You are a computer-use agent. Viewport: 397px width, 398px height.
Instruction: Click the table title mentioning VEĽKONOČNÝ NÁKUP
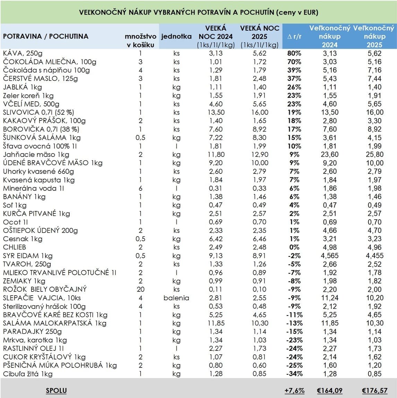(x=199, y=12)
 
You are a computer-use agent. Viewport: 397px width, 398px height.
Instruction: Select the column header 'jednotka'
(x=176, y=36)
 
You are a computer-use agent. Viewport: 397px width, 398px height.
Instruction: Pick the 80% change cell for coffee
(x=294, y=53)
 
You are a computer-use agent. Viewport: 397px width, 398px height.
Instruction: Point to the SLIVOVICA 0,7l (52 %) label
(x=38, y=112)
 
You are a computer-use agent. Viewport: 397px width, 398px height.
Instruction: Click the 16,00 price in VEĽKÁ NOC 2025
(x=260, y=112)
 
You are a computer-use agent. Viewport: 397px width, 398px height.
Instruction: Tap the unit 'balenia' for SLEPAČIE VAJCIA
(x=176, y=298)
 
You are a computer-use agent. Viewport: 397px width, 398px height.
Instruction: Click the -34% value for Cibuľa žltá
(x=294, y=374)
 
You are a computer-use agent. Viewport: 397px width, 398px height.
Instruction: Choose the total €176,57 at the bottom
(x=375, y=391)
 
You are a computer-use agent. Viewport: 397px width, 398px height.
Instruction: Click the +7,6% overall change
(x=294, y=391)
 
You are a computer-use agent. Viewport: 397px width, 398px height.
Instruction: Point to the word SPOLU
(x=56, y=391)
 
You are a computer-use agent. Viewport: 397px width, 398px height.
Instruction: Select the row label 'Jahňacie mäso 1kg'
(x=36, y=154)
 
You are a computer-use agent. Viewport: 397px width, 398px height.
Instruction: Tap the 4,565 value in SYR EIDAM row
(x=329, y=256)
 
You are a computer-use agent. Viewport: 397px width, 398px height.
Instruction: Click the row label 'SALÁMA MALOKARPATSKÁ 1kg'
(x=50, y=323)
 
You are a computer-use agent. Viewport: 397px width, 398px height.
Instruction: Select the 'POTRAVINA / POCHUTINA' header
(x=45, y=36)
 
